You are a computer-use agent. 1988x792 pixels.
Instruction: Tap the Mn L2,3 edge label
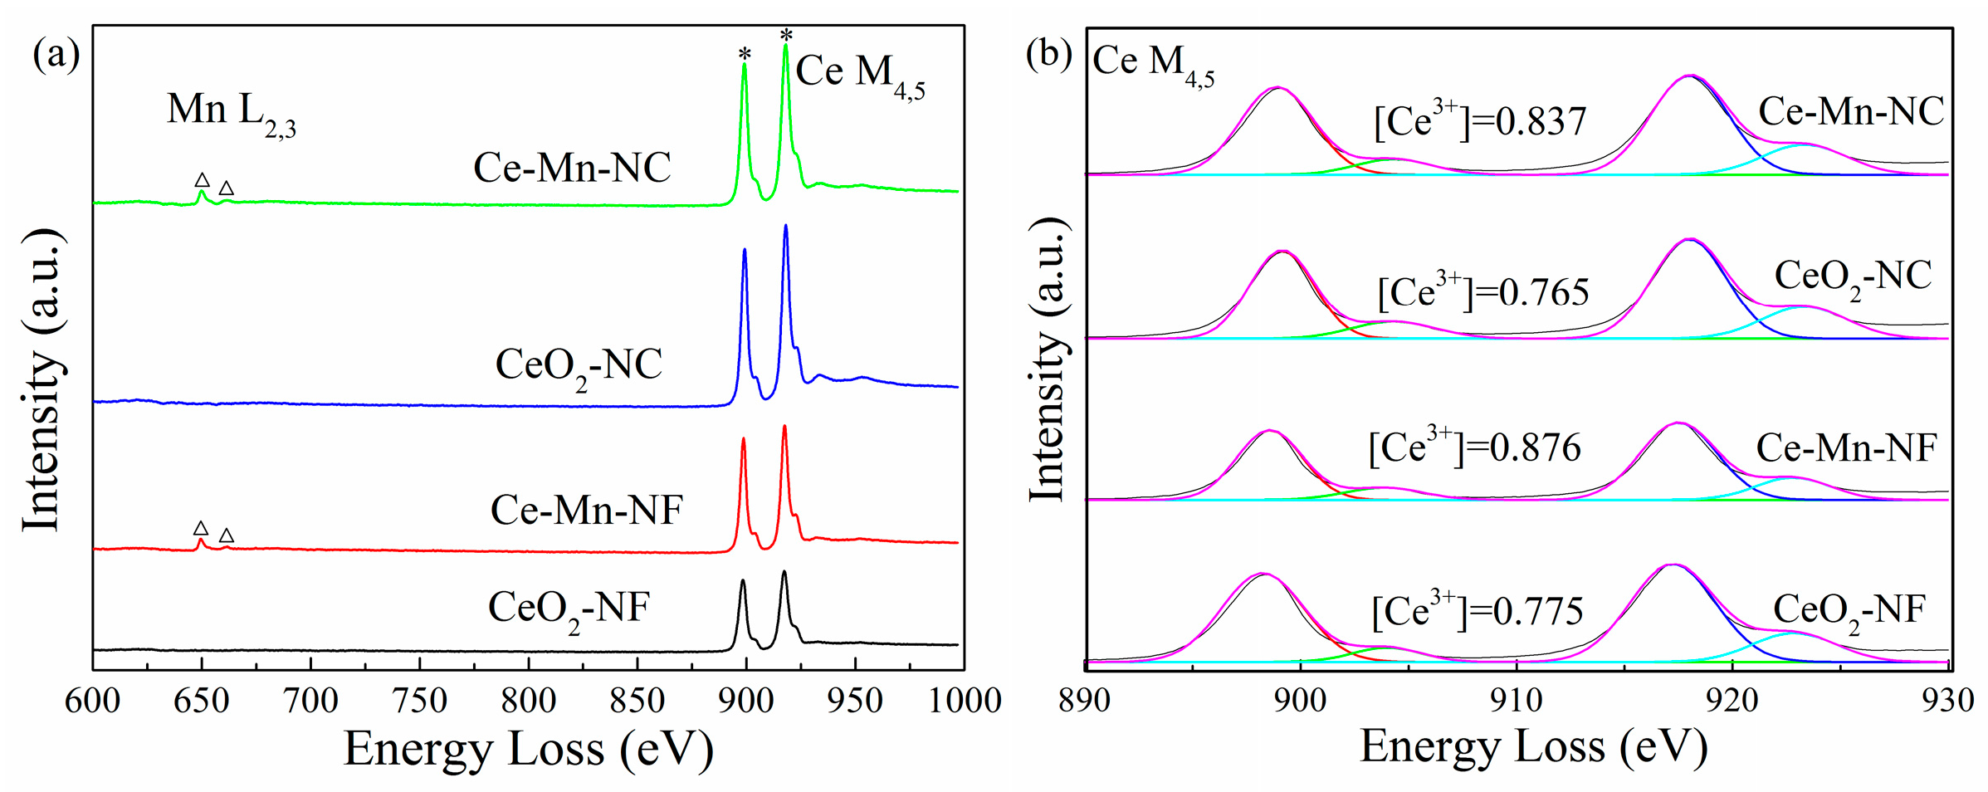pyautogui.click(x=231, y=112)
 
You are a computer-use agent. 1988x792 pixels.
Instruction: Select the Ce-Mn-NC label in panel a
pyautogui.click(x=572, y=168)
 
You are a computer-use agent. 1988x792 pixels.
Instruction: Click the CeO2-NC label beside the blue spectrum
pyautogui.click(x=579, y=366)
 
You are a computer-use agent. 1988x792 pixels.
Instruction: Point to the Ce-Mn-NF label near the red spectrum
pyautogui.click(x=586, y=509)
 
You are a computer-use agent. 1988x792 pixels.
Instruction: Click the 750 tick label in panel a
pyautogui.click(x=419, y=701)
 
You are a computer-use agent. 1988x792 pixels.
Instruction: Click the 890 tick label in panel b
pyautogui.click(x=1084, y=701)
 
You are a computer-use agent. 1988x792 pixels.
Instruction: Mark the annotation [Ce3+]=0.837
pyautogui.click(x=1480, y=121)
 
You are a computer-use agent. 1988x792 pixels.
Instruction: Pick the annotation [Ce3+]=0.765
pyautogui.click(x=1482, y=291)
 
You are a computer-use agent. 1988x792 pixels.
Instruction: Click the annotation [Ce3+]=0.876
pyautogui.click(x=1474, y=447)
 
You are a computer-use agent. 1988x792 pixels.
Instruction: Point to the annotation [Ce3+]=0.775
pyautogui.click(x=1477, y=611)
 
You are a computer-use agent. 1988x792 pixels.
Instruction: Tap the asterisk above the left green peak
pyautogui.click(x=745, y=55)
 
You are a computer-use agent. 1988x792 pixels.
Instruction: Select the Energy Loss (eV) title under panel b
pyautogui.click(x=1532, y=746)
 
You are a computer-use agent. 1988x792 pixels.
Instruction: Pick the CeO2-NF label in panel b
pyautogui.click(x=1849, y=612)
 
